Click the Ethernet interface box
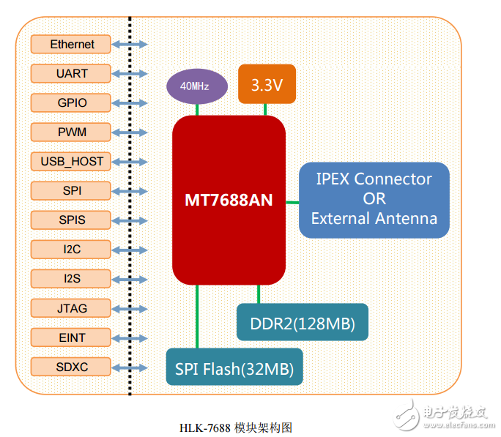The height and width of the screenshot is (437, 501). [x=70, y=44]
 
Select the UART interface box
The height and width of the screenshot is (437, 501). [x=70, y=73]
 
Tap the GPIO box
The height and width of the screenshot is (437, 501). [x=70, y=102]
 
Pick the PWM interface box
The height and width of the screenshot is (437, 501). [x=70, y=132]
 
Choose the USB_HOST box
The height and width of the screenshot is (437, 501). [x=70, y=162]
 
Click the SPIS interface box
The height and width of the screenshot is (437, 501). [x=70, y=220]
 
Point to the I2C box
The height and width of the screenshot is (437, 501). [x=70, y=250]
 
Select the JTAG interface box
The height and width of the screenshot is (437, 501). [x=70, y=308]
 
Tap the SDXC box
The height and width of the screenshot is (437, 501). [x=70, y=367]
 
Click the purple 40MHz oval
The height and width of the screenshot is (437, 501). [x=197, y=86]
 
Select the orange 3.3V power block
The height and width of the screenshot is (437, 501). [x=267, y=84]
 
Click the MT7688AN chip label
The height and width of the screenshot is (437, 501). [x=229, y=200]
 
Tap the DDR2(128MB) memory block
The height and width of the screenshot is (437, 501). [x=303, y=322]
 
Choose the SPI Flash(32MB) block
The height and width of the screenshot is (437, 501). [x=234, y=367]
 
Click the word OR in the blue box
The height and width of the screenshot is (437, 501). [x=374, y=199]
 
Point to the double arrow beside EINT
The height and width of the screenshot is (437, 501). [x=130, y=338]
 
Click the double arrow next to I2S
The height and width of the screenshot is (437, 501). [x=130, y=280]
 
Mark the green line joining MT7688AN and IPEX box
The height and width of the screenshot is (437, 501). [x=292, y=202]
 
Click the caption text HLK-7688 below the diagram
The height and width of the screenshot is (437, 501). [x=205, y=428]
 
